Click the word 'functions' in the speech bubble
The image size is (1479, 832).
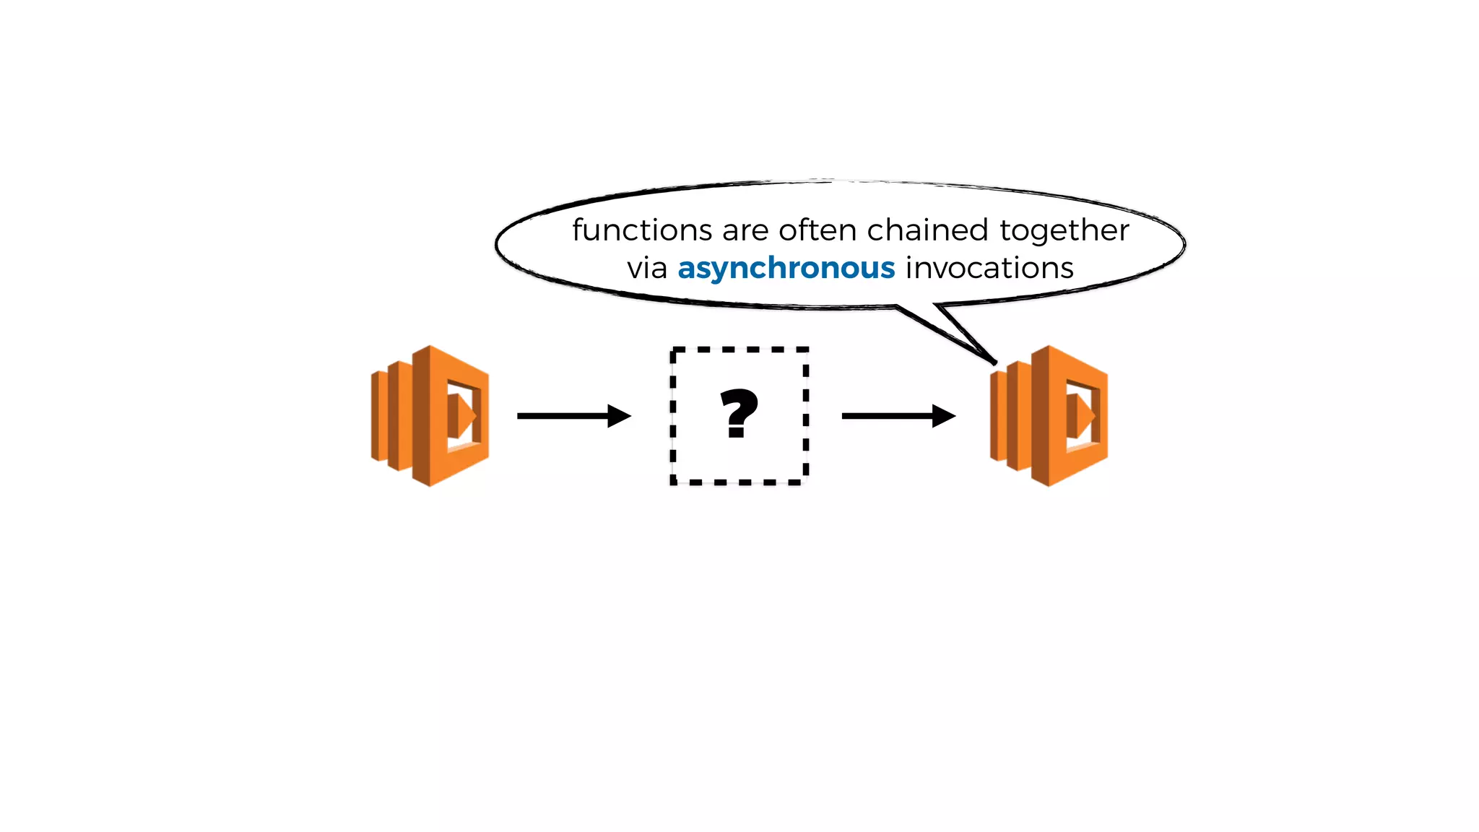pos(642,230)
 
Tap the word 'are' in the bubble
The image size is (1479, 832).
pos(745,231)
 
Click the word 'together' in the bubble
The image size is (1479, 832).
pos(1064,231)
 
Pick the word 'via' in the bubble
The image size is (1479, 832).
pos(646,268)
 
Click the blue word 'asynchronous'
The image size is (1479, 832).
pos(786,269)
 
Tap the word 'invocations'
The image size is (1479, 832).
pos(989,268)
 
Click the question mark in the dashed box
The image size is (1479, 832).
pos(739,414)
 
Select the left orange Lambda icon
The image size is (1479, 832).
pos(430,416)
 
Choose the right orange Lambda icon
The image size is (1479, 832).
pos(1049,416)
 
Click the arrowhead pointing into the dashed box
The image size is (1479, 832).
pos(619,416)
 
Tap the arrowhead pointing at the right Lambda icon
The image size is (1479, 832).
pos(943,416)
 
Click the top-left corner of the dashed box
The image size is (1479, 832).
pos(674,351)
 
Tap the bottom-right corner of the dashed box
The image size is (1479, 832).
pos(804,480)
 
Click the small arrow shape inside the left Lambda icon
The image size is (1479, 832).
pos(461,416)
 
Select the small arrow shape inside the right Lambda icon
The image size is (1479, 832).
pos(1080,416)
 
